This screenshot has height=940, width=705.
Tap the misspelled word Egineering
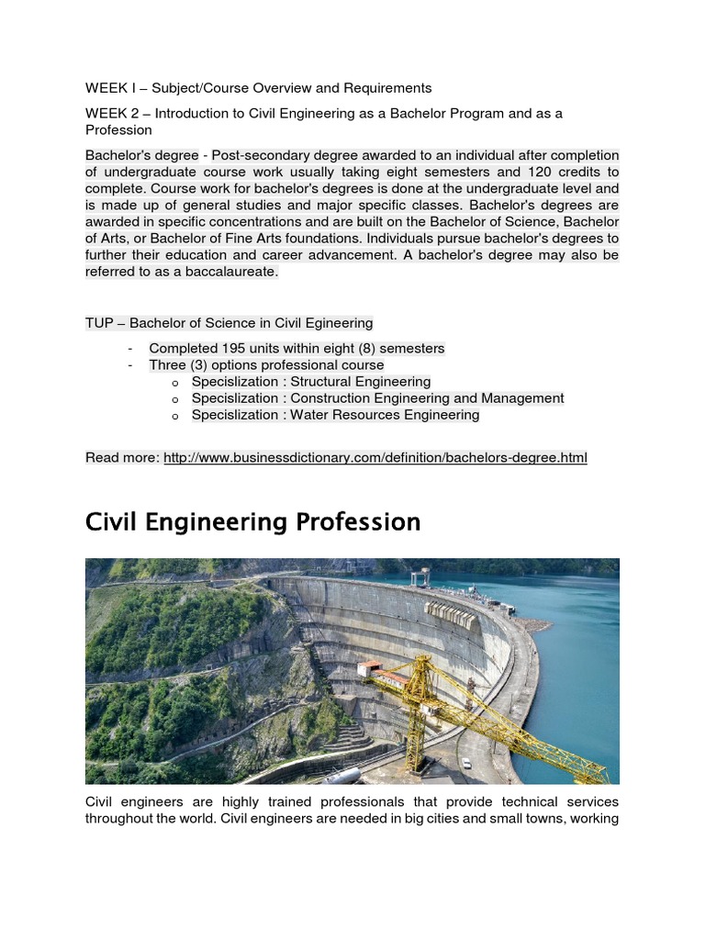coord(336,322)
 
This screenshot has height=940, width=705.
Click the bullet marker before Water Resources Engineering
coord(174,416)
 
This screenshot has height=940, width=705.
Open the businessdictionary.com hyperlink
coord(375,457)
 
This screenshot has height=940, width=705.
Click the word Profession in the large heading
coord(358,522)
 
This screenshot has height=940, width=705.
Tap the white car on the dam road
coord(467,762)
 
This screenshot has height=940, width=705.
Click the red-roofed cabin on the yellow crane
coord(370,667)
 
